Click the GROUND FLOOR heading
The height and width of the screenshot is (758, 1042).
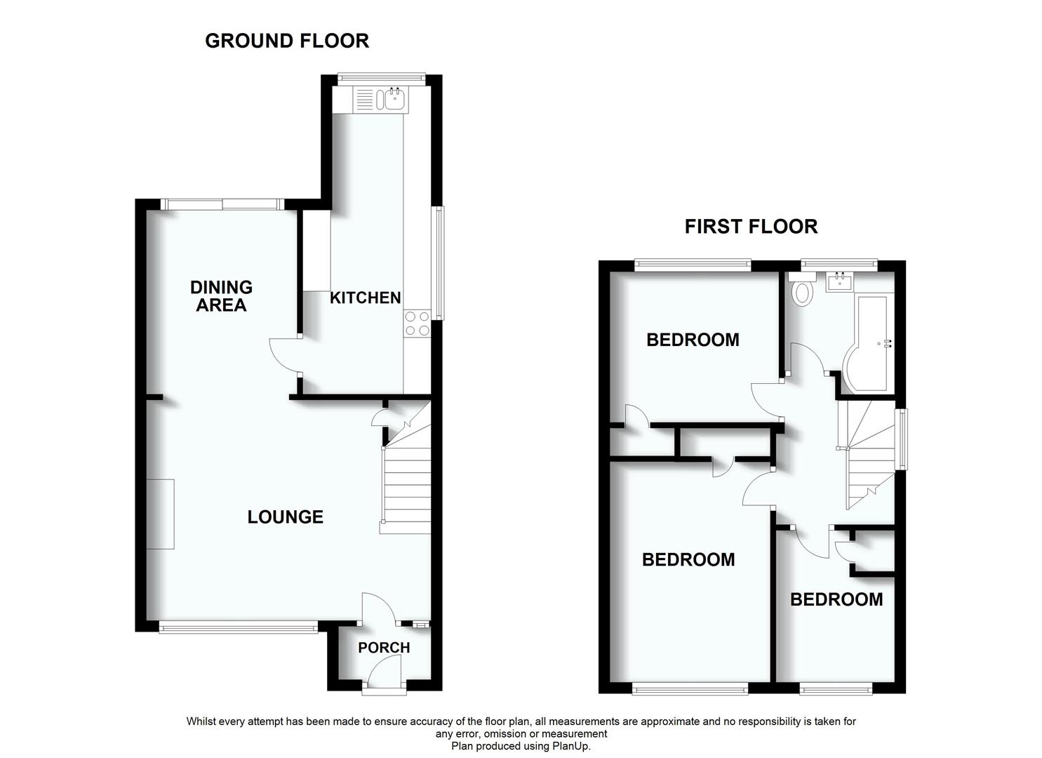(286, 41)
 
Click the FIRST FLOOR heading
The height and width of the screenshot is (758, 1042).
(751, 227)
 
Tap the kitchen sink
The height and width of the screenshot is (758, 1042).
(393, 99)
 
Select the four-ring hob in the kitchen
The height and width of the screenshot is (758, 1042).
(417, 324)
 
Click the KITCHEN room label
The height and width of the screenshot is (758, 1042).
(365, 298)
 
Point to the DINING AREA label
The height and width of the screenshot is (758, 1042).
(221, 295)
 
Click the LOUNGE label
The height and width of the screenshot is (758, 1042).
(285, 517)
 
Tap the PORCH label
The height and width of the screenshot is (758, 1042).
(384, 647)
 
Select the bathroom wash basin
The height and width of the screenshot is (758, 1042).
(839, 283)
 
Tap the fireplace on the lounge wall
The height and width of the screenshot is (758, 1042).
(164, 514)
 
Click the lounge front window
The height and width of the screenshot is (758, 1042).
(238, 627)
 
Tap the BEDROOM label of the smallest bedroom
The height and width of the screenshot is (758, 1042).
(836, 599)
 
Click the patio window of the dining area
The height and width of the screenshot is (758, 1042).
(221, 204)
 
